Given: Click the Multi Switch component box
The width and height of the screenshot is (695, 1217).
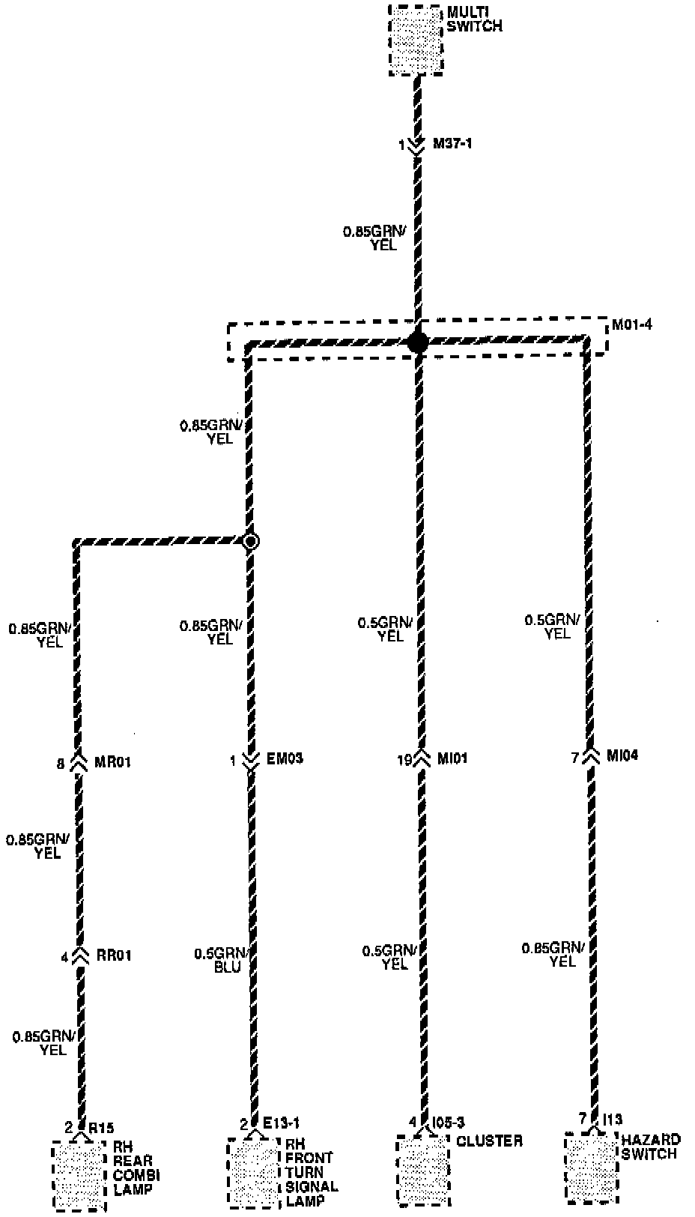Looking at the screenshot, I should click(416, 40).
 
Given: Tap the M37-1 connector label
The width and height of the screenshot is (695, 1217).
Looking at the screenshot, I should click(452, 143).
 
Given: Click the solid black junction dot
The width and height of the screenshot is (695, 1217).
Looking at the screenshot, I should click(417, 342).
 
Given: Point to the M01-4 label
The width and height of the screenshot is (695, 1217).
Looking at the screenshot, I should click(631, 325).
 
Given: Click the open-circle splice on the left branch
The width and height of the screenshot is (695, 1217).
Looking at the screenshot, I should click(251, 540).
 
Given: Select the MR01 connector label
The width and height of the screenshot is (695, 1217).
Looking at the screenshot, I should click(113, 763).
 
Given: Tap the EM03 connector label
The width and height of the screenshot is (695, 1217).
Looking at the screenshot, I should click(285, 758).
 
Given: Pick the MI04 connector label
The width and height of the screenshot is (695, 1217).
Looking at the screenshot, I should click(622, 756).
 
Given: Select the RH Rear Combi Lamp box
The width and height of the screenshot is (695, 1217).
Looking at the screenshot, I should click(79, 1175).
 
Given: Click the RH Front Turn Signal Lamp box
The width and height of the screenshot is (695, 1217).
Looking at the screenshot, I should click(254, 1173).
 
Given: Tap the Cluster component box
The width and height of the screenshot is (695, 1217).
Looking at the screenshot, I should click(423, 1170).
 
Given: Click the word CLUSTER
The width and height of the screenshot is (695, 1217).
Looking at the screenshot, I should click(489, 1141).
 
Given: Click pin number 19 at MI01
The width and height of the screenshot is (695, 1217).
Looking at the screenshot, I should click(404, 759).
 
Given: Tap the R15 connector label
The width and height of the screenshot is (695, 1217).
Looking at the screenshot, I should click(101, 1127).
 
